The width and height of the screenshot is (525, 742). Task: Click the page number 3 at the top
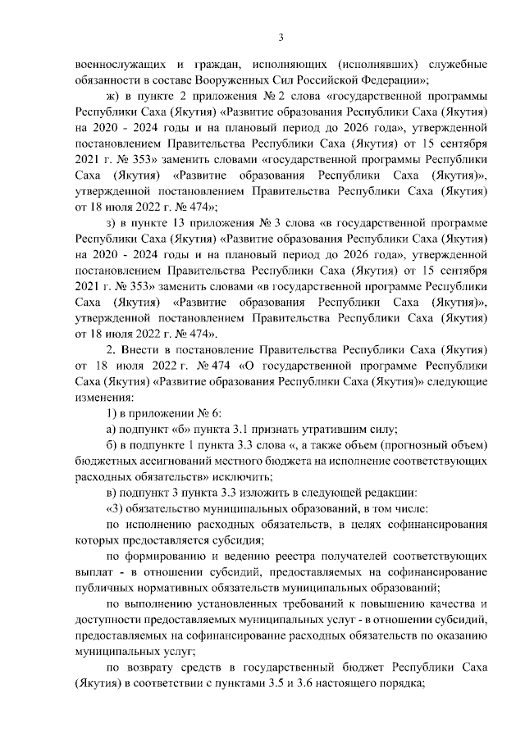click(x=281, y=36)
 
